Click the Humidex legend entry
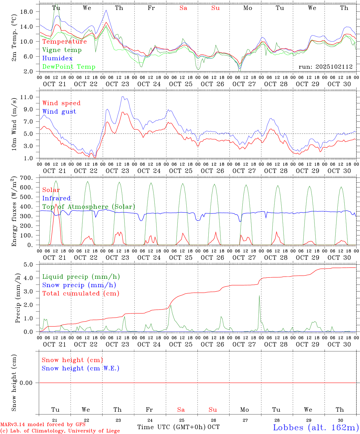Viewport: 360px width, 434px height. pyautogui.click(x=57, y=58)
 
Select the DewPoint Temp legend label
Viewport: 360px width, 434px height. pyautogui.click(x=69, y=67)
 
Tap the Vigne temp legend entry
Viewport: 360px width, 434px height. pyautogui.click(x=62, y=50)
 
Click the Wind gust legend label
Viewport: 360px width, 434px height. pyautogui.click(x=59, y=112)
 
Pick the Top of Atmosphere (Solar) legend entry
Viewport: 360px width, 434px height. pyautogui.click(x=89, y=207)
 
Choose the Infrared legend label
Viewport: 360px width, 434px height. pyautogui.click(x=56, y=198)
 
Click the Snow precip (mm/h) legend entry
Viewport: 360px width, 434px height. pyautogui.click(x=79, y=285)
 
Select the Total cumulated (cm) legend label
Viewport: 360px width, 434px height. pyautogui.click(x=81, y=294)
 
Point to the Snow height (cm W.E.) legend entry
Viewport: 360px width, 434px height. pyautogui.click(x=81, y=368)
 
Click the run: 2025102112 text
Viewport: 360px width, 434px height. pyautogui.click(x=325, y=67)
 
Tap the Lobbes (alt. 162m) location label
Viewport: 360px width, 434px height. pyautogui.click(x=316, y=427)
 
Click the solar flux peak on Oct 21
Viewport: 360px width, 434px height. pyautogui.click(x=56, y=204)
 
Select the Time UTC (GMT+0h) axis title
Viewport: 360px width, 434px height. pyautogui.click(x=171, y=427)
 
